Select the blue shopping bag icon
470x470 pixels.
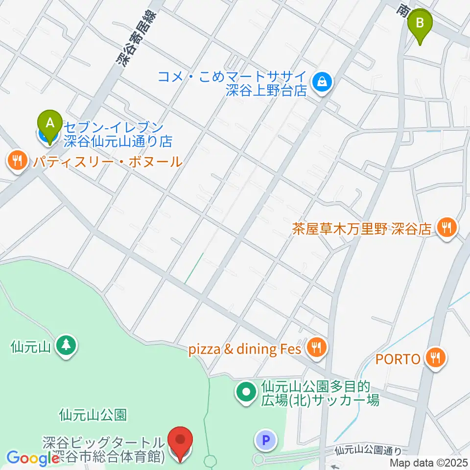(323, 82)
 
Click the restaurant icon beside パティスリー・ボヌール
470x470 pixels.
(18, 161)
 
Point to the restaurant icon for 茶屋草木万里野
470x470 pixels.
(446, 228)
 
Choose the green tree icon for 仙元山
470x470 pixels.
(65, 346)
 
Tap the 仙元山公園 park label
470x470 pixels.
(93, 416)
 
